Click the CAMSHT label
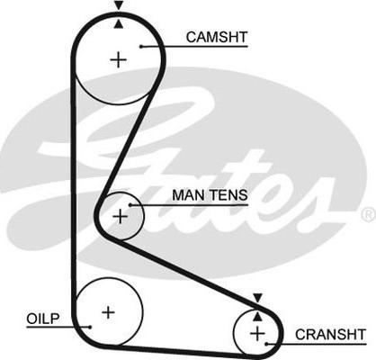pyautogui.click(x=217, y=37)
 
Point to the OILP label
pyautogui.click(x=43, y=319)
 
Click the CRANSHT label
pyautogui.click(x=330, y=334)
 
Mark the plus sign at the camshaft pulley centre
pyautogui.click(x=119, y=59)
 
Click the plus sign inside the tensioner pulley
pyautogui.click(x=121, y=216)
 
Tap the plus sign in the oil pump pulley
pyautogui.click(x=108, y=312)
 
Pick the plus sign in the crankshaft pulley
pyautogui.click(x=257, y=333)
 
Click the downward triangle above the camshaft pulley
pyautogui.click(x=119, y=5)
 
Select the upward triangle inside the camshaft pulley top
pyautogui.click(x=119, y=24)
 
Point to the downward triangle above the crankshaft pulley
pyautogui.click(x=257, y=298)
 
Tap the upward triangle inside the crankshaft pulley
pyautogui.click(x=257, y=317)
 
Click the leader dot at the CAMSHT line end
pyautogui.click(x=141, y=46)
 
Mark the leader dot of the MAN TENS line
pyautogui.click(x=130, y=205)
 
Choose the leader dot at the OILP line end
pyautogui.click(x=89, y=327)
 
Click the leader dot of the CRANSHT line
pyautogui.click(x=266, y=344)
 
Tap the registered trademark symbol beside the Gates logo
pyautogui.click(x=369, y=214)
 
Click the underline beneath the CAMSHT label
pyautogui.click(x=194, y=47)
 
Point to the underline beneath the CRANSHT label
pyautogui.click(x=316, y=344)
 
